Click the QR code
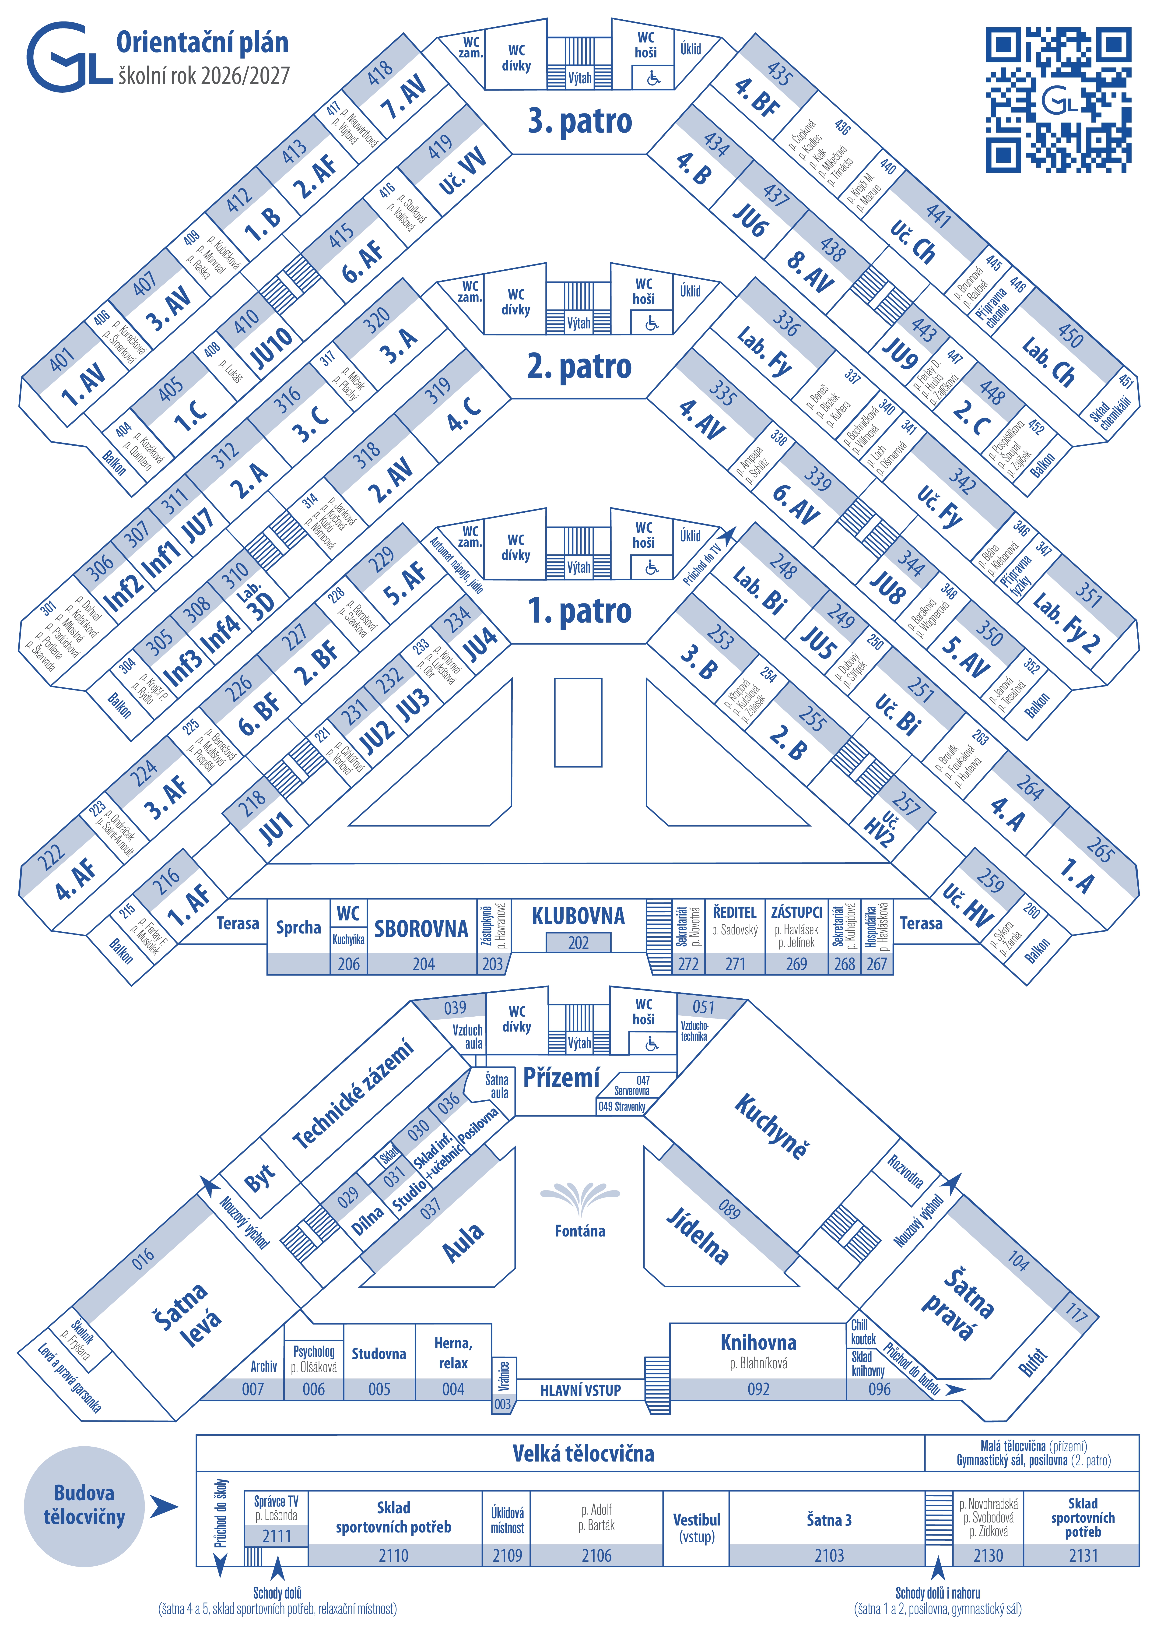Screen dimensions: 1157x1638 (x=1059, y=100)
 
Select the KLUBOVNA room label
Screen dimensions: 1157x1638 (x=578, y=916)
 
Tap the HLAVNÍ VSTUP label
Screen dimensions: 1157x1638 (x=580, y=1390)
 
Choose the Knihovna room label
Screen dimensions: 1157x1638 (x=758, y=1342)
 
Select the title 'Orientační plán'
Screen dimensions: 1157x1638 (x=203, y=43)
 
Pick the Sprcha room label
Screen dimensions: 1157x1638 (x=298, y=927)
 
